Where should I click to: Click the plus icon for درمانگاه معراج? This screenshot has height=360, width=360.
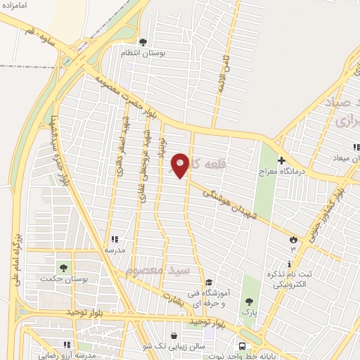coord(281,160)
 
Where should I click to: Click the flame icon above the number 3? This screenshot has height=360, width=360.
coord(292,240)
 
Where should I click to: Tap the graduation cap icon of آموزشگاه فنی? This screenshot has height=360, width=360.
coord(209,283)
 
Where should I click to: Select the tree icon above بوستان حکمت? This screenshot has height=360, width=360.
coord(64,268)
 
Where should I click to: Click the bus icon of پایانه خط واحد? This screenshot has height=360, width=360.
coord(242,346)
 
